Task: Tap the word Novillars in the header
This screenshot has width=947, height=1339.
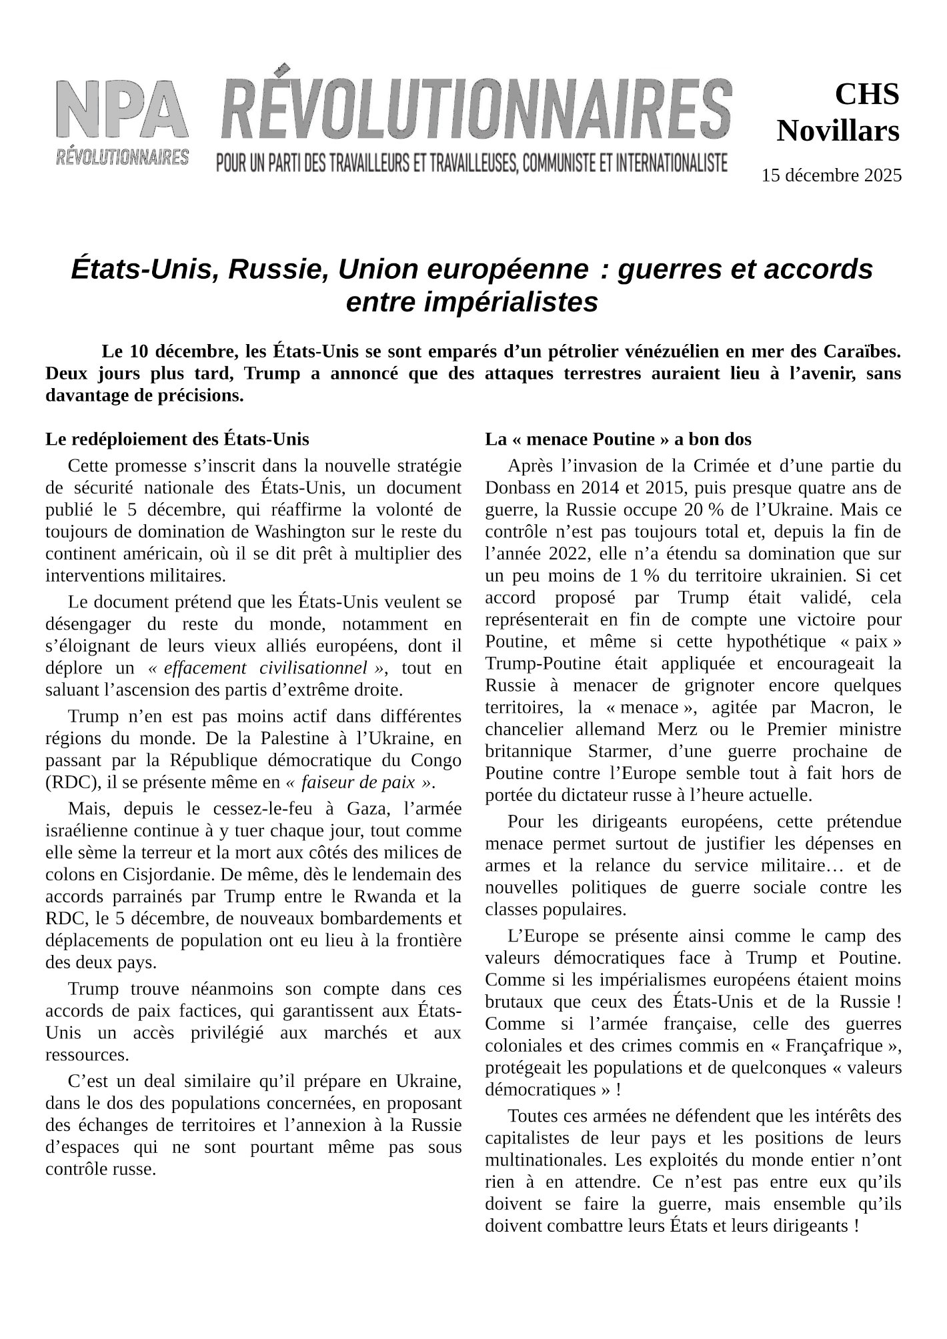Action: click(x=838, y=131)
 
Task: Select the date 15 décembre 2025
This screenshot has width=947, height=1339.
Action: click(x=831, y=176)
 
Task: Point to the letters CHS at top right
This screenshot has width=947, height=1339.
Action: click(x=866, y=95)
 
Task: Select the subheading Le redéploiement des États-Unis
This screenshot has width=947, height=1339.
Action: click(x=177, y=439)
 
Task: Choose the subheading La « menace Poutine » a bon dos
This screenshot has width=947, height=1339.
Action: click(x=618, y=439)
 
